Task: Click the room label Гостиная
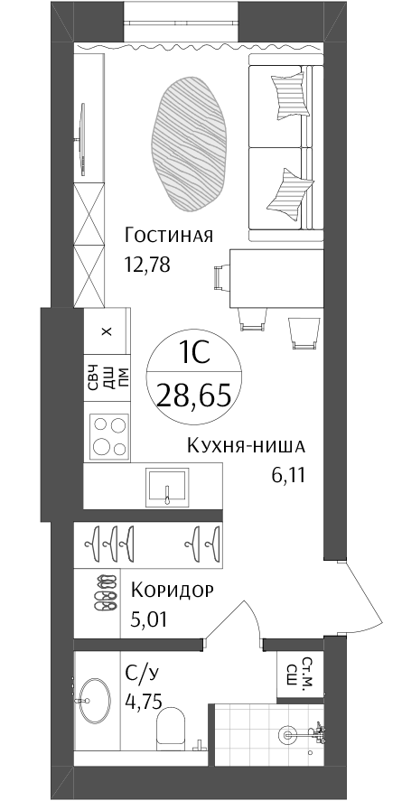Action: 168,236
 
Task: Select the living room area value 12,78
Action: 147,265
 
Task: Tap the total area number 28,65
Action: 194,397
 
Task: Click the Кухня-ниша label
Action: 246,445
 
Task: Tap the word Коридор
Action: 172,590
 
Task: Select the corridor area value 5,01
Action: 149,619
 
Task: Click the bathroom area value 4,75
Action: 144,702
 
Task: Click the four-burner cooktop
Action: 109,435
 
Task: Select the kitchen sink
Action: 167,487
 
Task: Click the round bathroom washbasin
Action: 94,701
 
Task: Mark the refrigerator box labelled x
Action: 107,331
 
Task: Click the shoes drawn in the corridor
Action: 107,593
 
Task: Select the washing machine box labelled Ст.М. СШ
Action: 300,671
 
